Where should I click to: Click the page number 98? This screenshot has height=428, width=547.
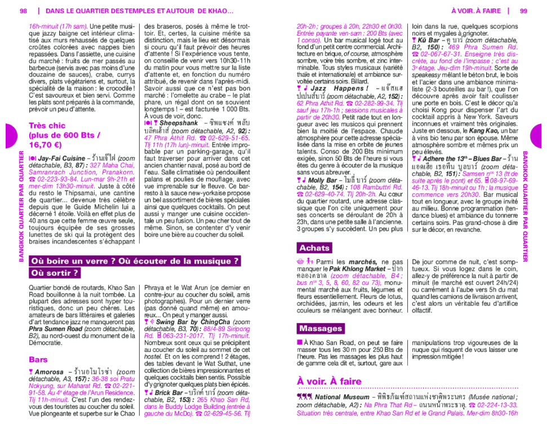23,11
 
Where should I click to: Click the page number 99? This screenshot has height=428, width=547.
523,11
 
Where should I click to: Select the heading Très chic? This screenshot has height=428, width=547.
47,126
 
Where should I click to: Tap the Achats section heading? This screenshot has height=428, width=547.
315,248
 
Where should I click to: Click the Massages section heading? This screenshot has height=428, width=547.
321,329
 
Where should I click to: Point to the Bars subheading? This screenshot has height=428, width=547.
38,359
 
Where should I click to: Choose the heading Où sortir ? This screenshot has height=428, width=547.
55,273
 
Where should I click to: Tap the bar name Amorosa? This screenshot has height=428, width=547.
50,372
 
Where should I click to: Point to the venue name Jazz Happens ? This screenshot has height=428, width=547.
337,89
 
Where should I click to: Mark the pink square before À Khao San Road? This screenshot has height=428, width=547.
300,342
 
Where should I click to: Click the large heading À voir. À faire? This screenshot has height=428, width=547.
330,381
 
